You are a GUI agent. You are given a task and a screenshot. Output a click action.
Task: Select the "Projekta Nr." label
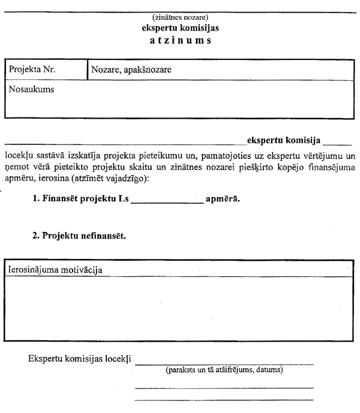coord(32,70)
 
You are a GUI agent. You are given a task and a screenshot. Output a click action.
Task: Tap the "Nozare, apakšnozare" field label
coord(132,70)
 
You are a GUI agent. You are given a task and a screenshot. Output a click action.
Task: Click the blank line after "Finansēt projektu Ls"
coord(166,201)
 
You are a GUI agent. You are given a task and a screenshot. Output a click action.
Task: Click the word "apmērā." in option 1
coord(223,198)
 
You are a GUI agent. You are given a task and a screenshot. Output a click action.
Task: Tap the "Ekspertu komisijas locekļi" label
coord(80,360)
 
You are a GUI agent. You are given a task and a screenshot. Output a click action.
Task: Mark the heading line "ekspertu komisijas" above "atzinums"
coord(180,28)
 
